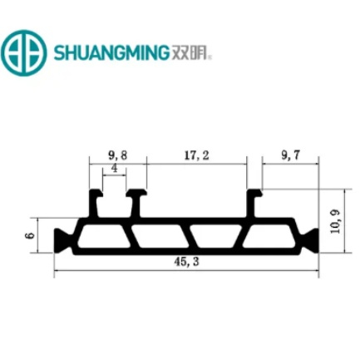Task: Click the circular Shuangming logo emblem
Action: [x=23, y=52]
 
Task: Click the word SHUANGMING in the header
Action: [x=111, y=52]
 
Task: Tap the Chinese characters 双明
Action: [x=190, y=52]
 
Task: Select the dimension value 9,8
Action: [x=118, y=155]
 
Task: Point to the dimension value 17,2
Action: [x=197, y=155]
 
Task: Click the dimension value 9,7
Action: [x=290, y=155]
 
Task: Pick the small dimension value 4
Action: [x=115, y=169]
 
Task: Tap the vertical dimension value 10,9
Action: [x=335, y=221]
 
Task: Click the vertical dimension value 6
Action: [x=30, y=235]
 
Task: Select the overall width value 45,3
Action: [x=186, y=262]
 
